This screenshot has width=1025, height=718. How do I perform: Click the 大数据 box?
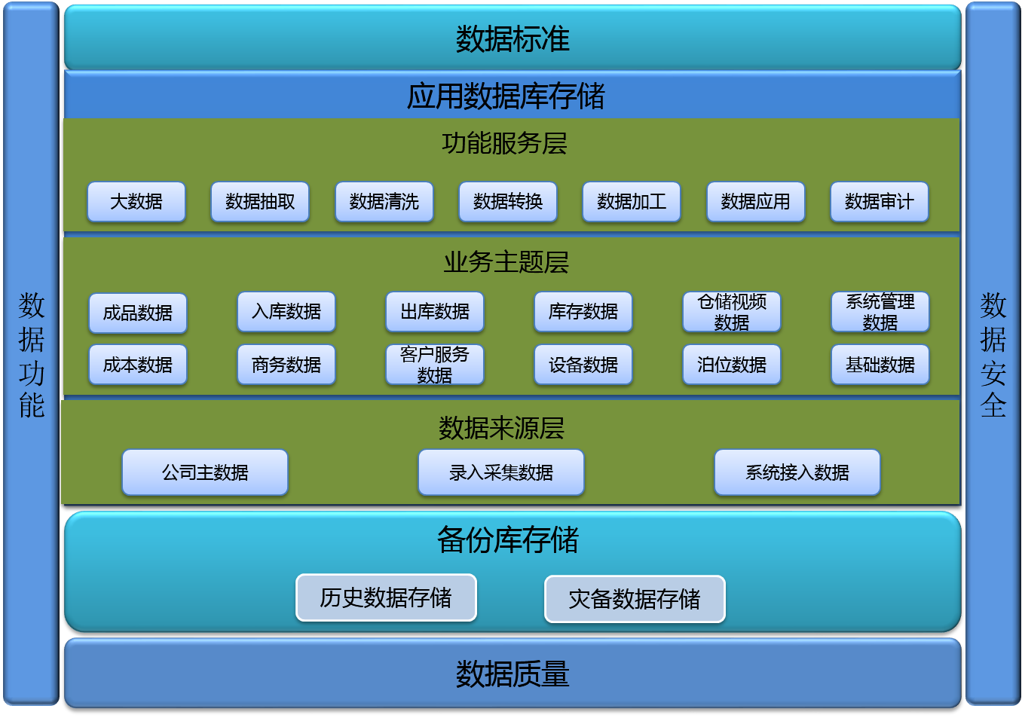click(x=136, y=202)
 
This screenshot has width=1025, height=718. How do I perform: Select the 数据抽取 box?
click(x=260, y=202)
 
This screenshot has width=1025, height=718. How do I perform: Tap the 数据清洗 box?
click(x=384, y=202)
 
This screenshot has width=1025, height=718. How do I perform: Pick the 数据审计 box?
click(x=880, y=202)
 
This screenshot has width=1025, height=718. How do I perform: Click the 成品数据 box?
click(x=138, y=313)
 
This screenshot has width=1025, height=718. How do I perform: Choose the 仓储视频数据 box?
click(x=732, y=312)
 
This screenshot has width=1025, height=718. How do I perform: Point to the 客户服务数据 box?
click(x=435, y=365)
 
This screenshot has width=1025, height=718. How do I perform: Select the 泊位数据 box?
click(x=732, y=365)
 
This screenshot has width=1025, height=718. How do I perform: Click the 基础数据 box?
click(x=880, y=365)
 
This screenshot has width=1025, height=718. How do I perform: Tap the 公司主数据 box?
click(x=205, y=472)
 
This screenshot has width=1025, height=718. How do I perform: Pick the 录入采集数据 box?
click(x=501, y=472)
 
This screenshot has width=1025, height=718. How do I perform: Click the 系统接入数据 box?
click(x=797, y=472)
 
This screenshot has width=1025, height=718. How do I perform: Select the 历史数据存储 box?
click(x=386, y=597)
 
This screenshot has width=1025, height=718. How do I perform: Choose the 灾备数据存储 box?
click(x=635, y=599)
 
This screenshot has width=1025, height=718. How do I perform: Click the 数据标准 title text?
click(x=512, y=39)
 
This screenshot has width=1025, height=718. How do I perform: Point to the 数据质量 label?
click(x=512, y=674)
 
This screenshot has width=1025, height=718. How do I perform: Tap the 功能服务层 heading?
click(x=504, y=143)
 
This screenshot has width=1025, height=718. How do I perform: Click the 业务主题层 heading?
click(x=506, y=262)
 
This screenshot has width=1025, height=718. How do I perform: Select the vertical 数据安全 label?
click(x=993, y=356)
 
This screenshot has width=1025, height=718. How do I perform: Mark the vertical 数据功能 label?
click(x=32, y=356)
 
